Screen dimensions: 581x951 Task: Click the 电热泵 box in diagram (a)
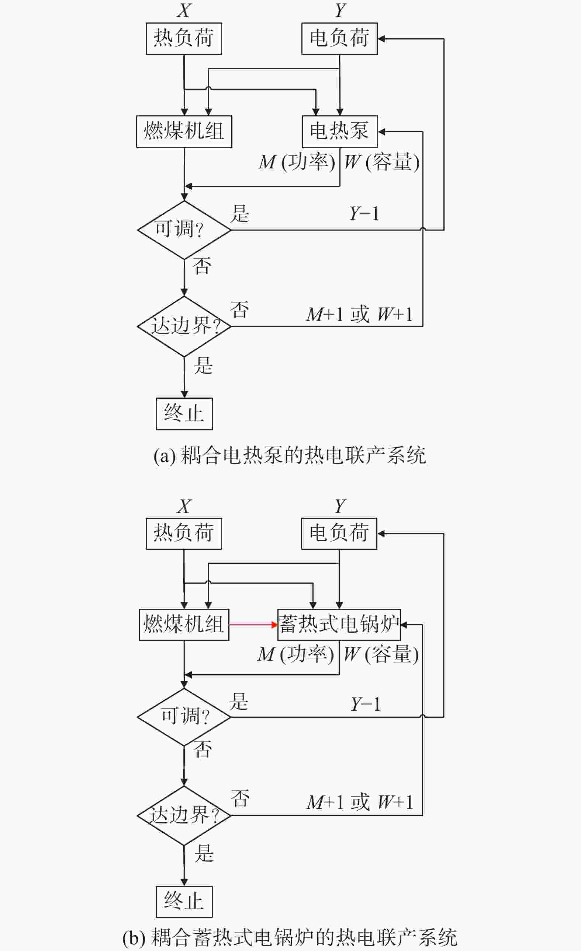339,131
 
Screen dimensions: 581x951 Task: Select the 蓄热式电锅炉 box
339,625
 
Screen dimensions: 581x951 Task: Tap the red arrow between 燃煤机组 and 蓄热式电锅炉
253,625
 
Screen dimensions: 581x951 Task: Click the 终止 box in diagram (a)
184,414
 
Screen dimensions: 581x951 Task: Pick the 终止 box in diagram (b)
184,902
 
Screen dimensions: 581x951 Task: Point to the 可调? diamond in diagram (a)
184,230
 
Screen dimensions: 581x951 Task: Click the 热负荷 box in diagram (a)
184,39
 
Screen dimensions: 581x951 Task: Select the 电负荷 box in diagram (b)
339,534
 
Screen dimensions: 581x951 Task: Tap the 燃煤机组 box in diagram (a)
184,131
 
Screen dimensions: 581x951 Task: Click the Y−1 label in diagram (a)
364,213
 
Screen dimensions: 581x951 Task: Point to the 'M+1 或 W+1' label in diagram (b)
360,802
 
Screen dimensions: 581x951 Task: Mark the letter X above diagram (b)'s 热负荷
184,506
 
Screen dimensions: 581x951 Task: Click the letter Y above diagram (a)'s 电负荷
340,10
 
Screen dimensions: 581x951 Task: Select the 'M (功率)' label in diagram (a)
297,162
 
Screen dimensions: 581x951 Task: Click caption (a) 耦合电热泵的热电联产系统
290,455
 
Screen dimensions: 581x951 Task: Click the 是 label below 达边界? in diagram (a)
203,365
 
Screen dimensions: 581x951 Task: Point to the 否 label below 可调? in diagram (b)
203,749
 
